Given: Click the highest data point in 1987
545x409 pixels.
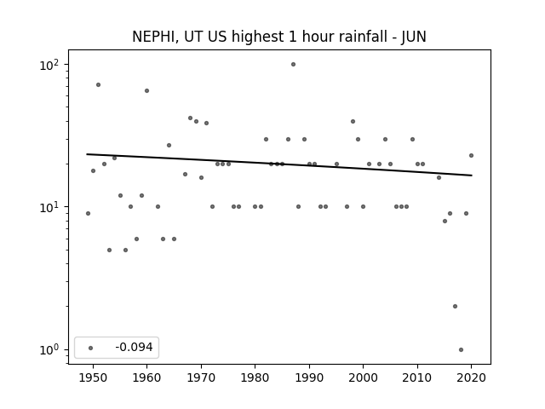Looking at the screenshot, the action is pos(293,65).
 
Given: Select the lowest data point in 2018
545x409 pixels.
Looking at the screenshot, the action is pos(461,350).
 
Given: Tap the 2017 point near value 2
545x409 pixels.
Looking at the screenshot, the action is pos(455,307).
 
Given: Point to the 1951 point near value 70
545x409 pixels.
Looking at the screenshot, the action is pos(99,85).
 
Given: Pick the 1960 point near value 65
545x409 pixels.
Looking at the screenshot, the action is pos(146,91).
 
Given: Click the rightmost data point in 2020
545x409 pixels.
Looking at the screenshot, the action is pos(471,155).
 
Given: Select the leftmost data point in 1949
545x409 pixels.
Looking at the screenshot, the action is pos(88,214).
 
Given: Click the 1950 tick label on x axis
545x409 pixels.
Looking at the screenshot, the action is pos(93,377).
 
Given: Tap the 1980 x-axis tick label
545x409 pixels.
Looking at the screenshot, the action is pos(255,377).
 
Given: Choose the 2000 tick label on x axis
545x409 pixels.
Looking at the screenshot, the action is pos(363,377).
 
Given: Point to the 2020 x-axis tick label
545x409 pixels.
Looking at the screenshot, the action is pos(471,377).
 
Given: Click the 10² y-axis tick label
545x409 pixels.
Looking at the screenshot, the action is pos(49,65).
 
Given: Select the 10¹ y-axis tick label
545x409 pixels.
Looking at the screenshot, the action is pos(49,207).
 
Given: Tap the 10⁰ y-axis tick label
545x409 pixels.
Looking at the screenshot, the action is pos(49,349).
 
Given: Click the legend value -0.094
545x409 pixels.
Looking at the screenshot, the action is pos(134,347).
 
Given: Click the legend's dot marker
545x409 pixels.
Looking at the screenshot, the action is pos(91,348).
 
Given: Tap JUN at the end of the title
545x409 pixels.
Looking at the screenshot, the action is pos(414,37).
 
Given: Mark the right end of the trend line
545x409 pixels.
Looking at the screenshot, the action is pos(472,176).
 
